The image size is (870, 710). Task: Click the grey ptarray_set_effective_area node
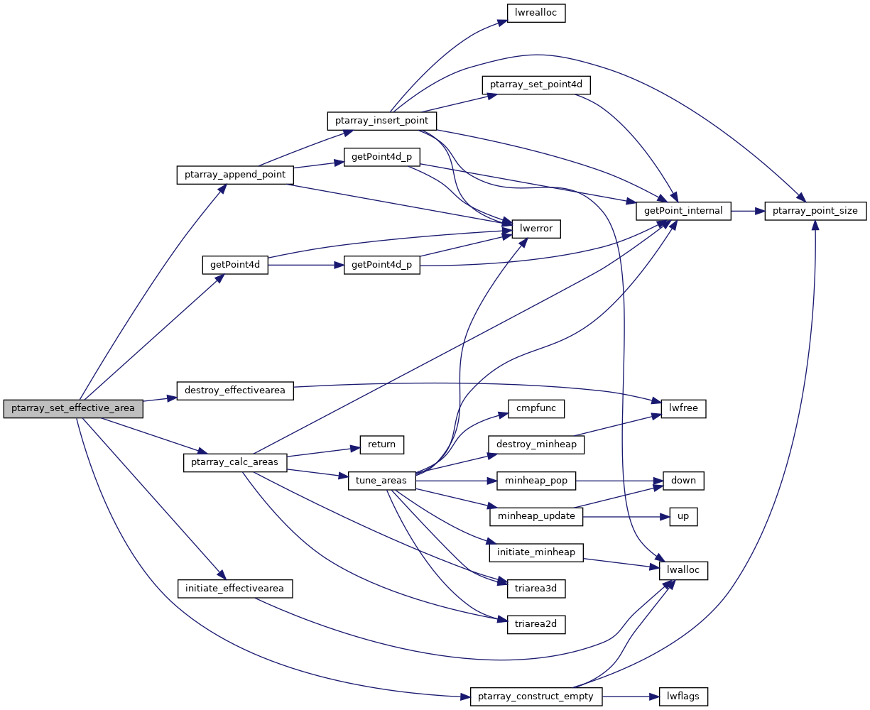(x=73, y=408)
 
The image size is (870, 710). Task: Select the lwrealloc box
(x=535, y=13)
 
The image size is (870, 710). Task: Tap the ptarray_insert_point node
(x=381, y=121)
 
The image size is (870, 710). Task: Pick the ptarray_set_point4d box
(x=536, y=84)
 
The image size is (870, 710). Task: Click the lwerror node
(x=536, y=229)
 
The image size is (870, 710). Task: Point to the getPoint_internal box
(x=683, y=211)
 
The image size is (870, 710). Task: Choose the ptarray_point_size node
(x=815, y=211)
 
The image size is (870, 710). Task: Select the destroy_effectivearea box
(x=234, y=390)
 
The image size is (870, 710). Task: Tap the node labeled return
(x=381, y=444)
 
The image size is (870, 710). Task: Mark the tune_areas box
(x=381, y=481)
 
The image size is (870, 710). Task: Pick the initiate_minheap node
(x=536, y=552)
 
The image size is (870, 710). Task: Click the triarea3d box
(x=536, y=588)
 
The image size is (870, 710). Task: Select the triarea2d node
(x=536, y=624)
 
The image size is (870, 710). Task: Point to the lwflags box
(x=683, y=697)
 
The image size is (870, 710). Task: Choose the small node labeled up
(x=683, y=516)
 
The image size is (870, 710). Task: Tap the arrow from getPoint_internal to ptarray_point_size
(x=747, y=211)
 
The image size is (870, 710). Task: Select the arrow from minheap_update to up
(x=625, y=516)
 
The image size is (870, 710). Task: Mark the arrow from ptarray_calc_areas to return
(x=320, y=452)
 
